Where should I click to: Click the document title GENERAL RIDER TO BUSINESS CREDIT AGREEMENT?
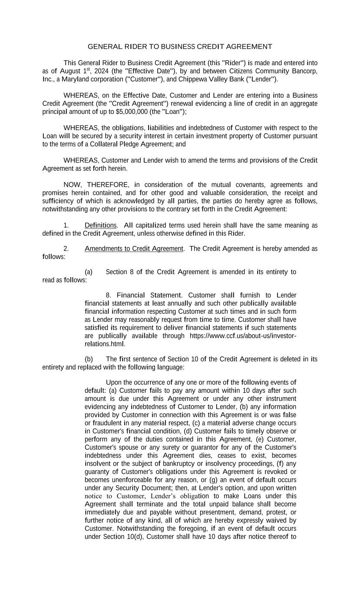point(180,46)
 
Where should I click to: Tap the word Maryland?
point(76,80)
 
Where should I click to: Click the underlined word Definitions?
point(100,225)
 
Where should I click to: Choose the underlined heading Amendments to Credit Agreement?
point(134,249)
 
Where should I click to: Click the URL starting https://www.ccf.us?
point(243,336)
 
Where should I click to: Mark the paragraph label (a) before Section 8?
point(89,272)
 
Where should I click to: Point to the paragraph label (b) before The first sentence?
point(89,359)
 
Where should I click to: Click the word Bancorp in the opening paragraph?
point(304,71)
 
